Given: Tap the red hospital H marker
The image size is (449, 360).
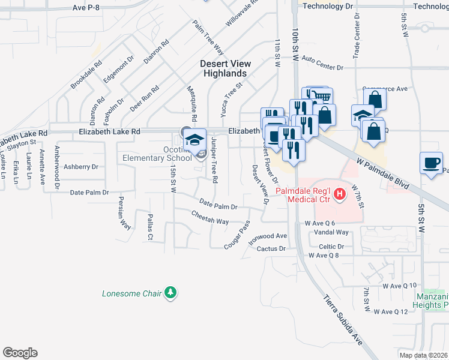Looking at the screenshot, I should click(x=340, y=194).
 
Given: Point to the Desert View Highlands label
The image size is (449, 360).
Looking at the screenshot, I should click(x=226, y=68).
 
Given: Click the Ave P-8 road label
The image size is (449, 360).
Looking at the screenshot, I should click(x=88, y=7).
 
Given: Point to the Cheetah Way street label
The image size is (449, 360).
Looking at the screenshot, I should click(x=210, y=217).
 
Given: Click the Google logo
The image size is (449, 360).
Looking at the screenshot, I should click(x=20, y=352).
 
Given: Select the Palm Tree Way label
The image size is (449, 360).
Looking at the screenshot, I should click(x=208, y=37).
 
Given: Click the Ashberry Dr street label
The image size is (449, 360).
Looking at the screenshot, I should click(x=80, y=167).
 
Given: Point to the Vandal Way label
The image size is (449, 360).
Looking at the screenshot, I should click(x=331, y=232).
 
